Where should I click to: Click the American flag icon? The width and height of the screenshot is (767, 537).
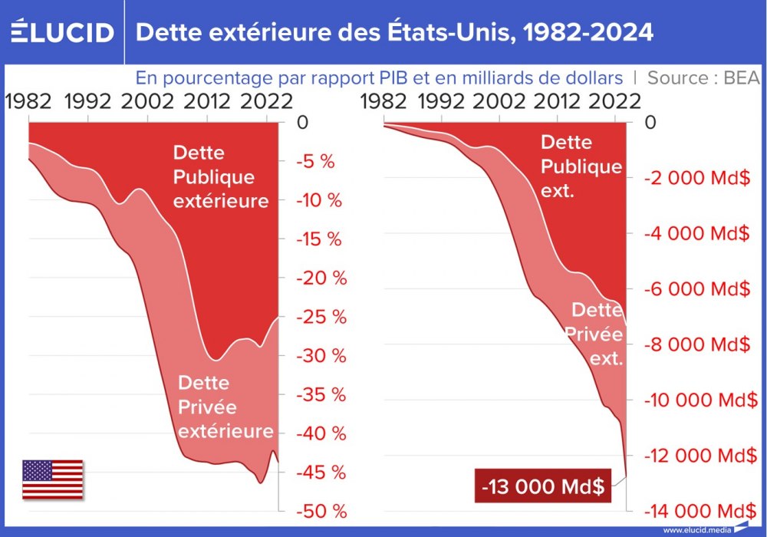tap(52, 479)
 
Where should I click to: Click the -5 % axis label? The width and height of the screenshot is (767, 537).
tap(316, 162)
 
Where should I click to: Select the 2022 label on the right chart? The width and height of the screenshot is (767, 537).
tap(612, 101)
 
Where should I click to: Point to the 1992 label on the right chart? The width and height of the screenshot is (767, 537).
tap(445, 101)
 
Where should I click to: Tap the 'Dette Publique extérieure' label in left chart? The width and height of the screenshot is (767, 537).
tap(220, 176)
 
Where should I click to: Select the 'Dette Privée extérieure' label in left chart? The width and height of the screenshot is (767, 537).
tap(225, 407)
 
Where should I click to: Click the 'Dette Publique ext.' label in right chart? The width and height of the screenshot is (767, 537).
tap(581, 166)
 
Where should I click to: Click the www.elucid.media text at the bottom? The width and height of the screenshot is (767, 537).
tap(696, 530)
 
